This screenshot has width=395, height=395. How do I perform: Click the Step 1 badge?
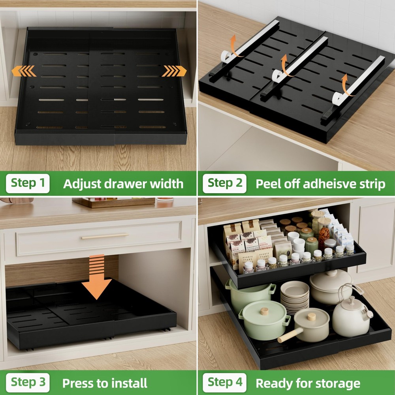pos(28,183)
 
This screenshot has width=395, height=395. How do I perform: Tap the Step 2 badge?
pos(225,183)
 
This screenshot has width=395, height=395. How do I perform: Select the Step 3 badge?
pos(28,382)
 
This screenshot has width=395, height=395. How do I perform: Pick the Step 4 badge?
pos(225,382)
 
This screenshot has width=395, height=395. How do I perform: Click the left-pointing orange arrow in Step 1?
pos(23,71)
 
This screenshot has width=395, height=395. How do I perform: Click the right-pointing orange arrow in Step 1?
pos(174,71)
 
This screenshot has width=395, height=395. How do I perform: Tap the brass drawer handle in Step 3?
pos(105,236)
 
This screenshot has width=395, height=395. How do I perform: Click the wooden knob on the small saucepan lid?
pos(312,316)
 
